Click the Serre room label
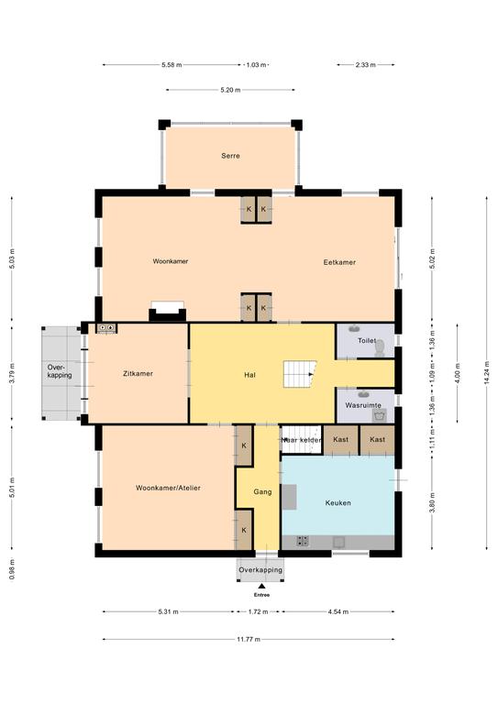click(230, 156)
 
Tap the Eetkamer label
click(339, 262)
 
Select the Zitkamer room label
click(138, 374)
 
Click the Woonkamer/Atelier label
click(168, 488)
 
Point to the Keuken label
click(338, 503)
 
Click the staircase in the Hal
click(300, 374)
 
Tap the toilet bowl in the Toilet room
click(381, 348)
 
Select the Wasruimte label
click(363, 405)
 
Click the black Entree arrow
click(261, 586)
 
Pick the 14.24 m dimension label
click(487, 373)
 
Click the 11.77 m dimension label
click(249, 639)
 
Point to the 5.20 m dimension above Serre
click(230, 90)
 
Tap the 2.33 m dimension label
click(366, 65)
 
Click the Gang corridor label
click(262, 492)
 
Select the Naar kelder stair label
click(302, 440)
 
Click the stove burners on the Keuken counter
click(303, 541)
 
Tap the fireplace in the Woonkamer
click(168, 311)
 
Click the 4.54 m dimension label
click(338, 611)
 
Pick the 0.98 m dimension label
click(12, 569)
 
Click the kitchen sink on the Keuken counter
click(339, 542)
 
